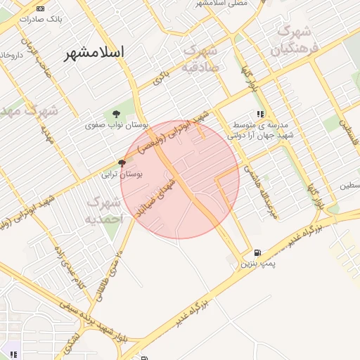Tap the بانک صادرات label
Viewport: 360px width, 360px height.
point(41,19)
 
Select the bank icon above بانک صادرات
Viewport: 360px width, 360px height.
point(40,8)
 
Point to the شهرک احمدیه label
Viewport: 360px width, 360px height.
point(105,210)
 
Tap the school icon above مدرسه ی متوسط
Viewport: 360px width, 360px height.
point(260,114)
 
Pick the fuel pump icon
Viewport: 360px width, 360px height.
point(257,253)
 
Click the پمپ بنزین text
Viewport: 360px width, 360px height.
point(255,264)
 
